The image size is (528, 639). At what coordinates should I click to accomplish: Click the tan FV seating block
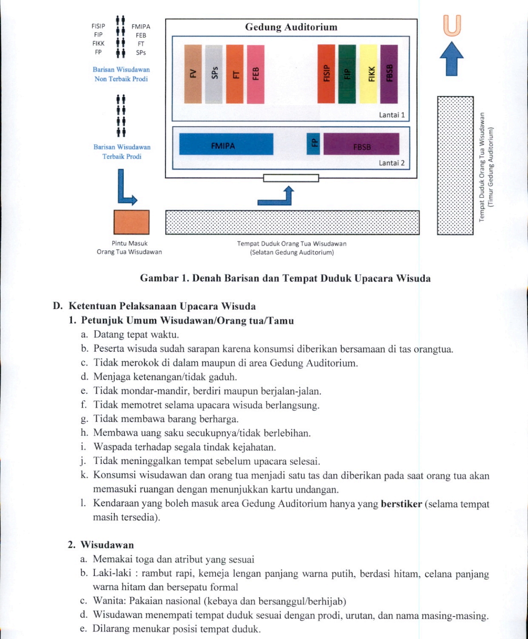193,74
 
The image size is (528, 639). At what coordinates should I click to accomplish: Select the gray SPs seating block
214,74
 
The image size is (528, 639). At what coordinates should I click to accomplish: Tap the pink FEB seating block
256,74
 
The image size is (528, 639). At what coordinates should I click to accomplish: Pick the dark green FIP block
347,74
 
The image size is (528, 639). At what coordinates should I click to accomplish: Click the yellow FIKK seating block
368,74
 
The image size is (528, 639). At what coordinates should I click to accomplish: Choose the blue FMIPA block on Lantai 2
226,144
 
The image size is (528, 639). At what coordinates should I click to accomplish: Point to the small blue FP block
313,144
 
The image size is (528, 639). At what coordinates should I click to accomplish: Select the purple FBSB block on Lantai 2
362,144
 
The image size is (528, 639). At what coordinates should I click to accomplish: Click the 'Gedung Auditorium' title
291,27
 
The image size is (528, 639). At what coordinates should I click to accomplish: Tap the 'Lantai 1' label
392,115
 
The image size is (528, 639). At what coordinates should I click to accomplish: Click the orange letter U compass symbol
452,26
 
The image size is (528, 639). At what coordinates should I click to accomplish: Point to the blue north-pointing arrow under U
452,59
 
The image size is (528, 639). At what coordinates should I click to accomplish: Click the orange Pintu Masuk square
132,222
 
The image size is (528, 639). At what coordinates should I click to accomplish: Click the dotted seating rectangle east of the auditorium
456,166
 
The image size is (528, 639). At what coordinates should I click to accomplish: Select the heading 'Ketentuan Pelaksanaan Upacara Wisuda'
162,306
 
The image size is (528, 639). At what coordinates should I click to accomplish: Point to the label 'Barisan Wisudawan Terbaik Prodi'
122,152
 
